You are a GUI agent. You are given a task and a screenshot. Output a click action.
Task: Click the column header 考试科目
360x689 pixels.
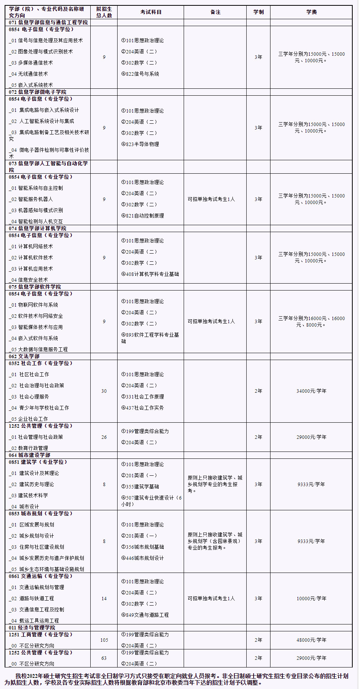[x=151, y=12]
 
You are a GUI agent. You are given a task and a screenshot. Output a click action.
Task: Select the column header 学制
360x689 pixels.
[x=258, y=12]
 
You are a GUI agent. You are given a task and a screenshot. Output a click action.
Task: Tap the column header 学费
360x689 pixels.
[x=311, y=12]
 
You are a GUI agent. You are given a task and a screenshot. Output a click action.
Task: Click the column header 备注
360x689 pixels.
[x=215, y=12]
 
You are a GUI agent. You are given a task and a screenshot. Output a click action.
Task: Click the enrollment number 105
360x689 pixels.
[x=104, y=640]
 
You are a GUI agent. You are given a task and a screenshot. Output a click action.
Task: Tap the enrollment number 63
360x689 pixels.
[x=104, y=658]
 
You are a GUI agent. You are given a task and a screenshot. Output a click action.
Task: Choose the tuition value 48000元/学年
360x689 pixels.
[x=311, y=640]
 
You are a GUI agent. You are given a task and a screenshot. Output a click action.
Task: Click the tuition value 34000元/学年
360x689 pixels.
[x=311, y=391]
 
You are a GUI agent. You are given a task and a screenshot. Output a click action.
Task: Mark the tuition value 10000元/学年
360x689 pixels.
[x=311, y=599]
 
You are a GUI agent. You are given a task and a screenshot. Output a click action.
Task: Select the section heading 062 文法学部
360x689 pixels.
[x=24, y=357]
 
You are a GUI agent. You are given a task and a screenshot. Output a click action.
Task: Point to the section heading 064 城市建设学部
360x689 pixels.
[x=30, y=455]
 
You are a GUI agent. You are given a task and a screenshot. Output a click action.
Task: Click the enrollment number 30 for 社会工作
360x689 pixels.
[x=104, y=391]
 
